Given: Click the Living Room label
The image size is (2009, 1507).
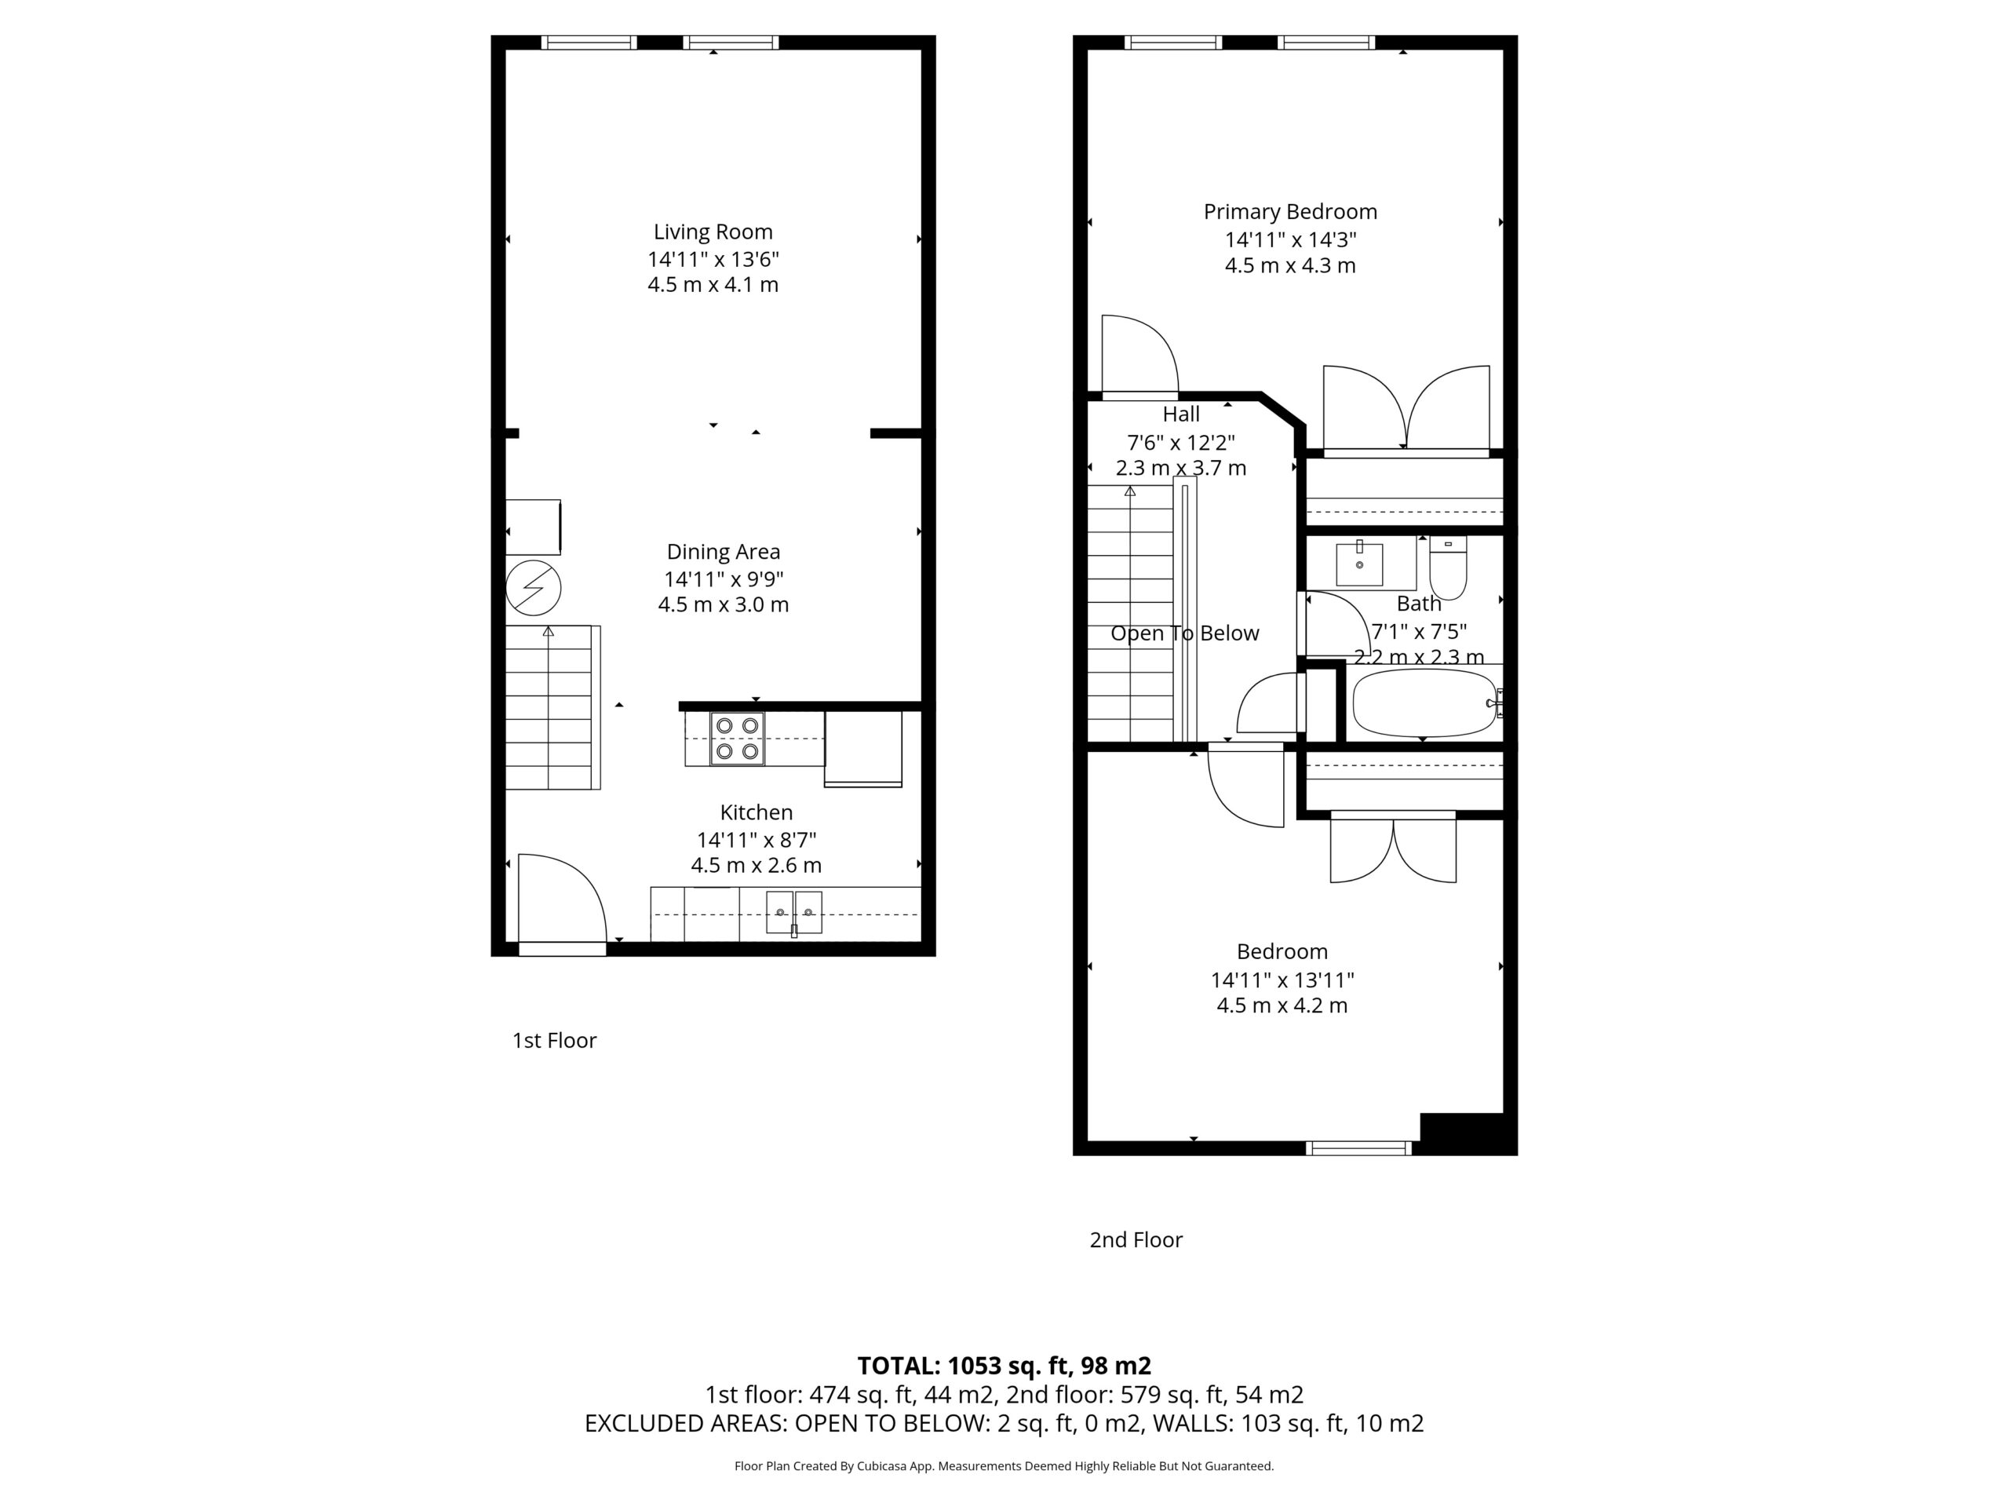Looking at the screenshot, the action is tap(713, 232).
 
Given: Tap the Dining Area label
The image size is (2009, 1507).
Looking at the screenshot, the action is tap(723, 551).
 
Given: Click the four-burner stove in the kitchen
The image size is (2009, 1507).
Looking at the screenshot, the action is tap(738, 739).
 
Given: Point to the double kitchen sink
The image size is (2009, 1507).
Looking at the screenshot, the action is tap(794, 913).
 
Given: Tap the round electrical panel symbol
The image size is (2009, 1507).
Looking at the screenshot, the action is tap(533, 588).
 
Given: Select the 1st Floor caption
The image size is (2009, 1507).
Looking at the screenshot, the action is tap(554, 1040).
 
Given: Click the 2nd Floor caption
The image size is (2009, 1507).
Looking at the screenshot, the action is tap(1136, 1240).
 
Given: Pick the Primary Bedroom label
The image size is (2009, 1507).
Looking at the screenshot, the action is tap(1291, 212).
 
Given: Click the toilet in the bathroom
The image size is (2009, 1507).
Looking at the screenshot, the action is tap(1448, 567).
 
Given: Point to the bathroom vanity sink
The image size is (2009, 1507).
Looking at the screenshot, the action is tap(1360, 564).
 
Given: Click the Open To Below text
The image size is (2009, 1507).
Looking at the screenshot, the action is tap(1185, 633).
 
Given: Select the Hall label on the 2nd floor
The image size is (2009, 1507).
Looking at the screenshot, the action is tap(1181, 414).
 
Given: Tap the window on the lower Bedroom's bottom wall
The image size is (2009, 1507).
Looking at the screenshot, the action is tap(1358, 1148).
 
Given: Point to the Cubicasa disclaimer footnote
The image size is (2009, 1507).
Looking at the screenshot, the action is tap(1004, 1465).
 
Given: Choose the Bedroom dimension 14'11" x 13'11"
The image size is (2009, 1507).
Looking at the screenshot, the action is tap(1282, 980).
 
